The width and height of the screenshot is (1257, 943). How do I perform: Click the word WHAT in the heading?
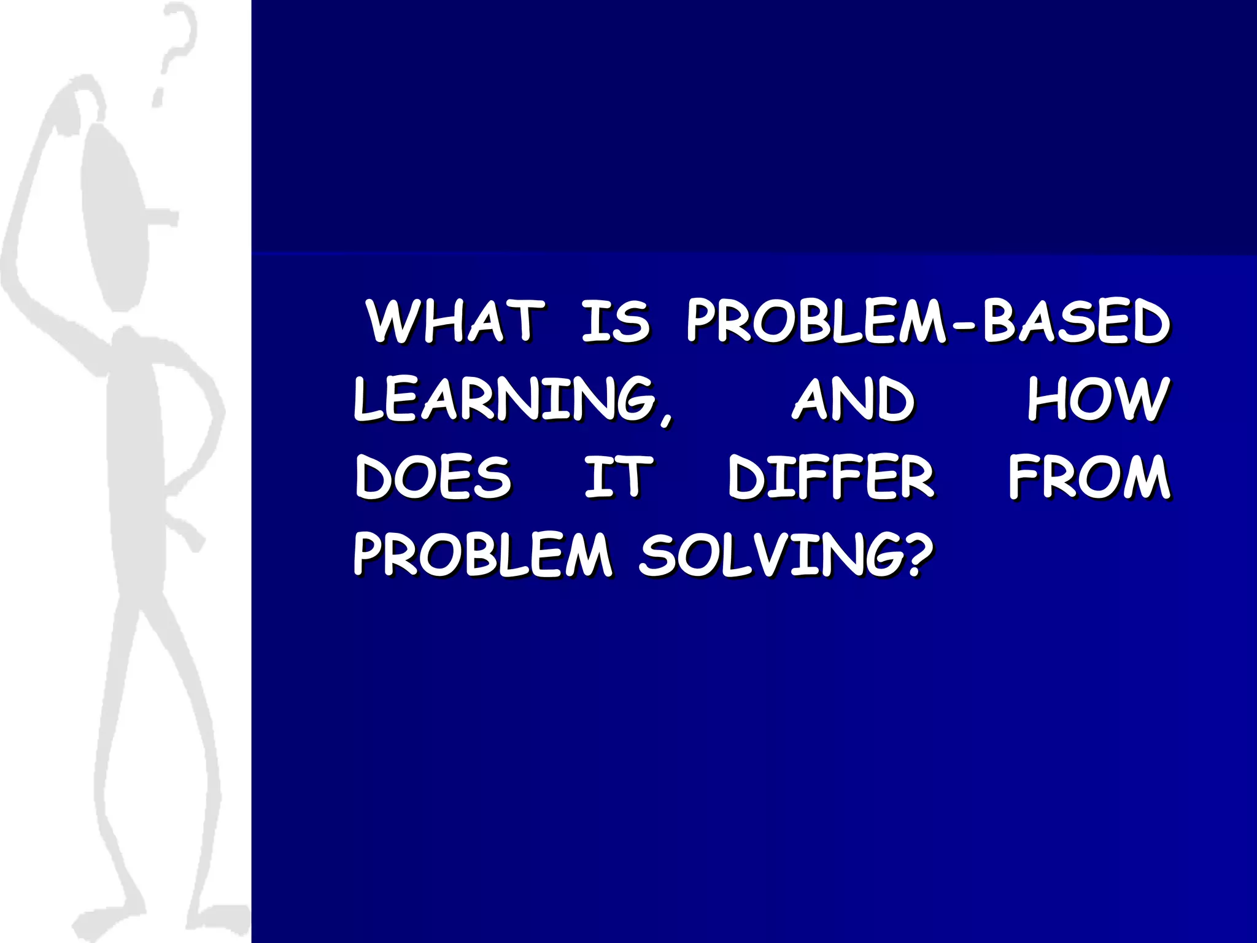[455, 320]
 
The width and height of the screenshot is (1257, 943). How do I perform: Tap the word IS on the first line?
[615, 320]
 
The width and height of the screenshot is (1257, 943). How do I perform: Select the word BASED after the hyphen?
[1077, 320]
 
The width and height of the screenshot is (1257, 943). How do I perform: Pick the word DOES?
[433, 477]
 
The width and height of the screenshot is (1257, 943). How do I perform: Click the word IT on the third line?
[617, 477]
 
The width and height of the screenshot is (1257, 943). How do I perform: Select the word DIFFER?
[831, 477]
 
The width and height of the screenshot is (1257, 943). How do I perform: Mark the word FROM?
[1090, 477]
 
